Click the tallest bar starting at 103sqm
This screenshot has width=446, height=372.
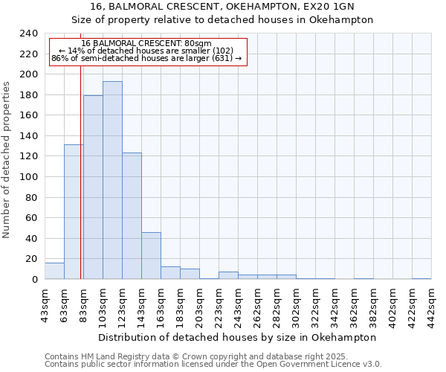112,180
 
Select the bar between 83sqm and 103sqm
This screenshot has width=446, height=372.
93,187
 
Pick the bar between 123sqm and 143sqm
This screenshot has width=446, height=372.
132,216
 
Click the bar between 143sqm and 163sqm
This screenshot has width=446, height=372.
151,255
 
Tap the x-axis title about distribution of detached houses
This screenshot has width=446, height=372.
237,337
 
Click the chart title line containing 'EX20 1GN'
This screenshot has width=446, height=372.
224,6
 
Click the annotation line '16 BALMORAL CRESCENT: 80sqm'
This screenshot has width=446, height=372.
146,43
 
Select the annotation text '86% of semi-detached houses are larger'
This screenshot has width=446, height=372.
146,58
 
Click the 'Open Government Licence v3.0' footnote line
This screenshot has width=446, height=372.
213,365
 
